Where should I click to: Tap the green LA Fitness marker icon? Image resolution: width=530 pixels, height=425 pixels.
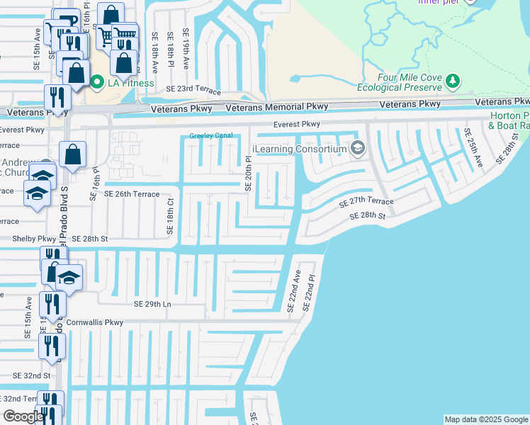click(98, 83)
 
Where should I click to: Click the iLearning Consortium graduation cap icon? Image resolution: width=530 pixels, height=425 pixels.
click(357, 149)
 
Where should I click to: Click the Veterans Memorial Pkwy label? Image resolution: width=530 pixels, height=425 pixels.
click(277, 107)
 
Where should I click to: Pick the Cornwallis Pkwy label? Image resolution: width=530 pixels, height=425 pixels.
click(95, 322)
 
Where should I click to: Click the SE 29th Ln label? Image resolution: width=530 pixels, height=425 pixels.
click(153, 304)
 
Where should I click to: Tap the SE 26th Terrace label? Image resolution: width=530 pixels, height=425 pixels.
click(132, 193)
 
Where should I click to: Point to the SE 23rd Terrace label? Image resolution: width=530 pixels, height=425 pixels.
click(193, 89)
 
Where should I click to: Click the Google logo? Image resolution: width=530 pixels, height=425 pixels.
click(23, 416)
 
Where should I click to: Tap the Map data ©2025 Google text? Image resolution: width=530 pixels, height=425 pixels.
click(485, 419)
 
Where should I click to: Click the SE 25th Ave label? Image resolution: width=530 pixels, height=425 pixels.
click(473, 147)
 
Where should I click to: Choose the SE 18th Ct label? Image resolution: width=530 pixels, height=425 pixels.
click(170, 217)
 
